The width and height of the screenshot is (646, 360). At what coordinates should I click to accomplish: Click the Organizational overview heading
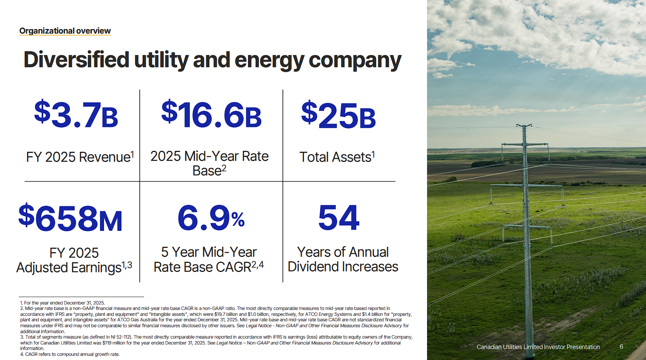[65, 30]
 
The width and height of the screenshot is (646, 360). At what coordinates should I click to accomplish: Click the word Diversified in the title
[76, 60]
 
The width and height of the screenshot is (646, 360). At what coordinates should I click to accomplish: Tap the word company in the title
[355, 60]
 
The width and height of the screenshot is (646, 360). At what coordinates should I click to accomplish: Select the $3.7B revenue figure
[76, 114]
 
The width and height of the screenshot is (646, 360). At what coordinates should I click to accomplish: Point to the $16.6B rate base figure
[211, 114]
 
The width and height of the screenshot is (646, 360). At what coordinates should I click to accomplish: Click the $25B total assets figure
[338, 115]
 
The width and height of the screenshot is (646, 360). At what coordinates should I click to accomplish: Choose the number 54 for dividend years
[339, 217]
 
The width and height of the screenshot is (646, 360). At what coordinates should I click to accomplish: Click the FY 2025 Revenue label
[80, 157]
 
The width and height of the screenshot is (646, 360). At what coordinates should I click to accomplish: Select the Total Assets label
[337, 157]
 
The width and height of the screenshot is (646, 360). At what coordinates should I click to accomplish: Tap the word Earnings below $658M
[96, 268]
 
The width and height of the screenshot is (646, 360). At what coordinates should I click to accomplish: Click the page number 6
[621, 346]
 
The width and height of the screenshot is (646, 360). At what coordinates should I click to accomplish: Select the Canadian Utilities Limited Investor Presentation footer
[538, 347]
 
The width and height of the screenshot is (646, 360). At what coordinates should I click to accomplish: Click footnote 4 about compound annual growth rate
[70, 354]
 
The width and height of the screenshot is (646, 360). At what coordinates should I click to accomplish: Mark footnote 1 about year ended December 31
[63, 303]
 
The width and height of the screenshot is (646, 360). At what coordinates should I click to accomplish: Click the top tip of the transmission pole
[524, 125]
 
